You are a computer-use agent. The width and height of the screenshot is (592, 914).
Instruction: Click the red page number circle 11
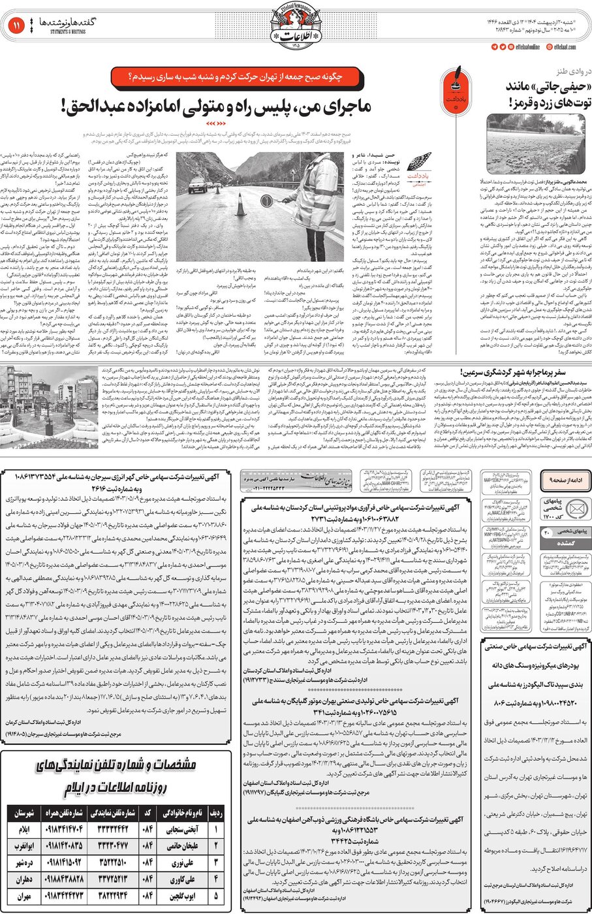16,25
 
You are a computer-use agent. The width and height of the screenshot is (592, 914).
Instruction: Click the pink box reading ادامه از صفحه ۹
562,480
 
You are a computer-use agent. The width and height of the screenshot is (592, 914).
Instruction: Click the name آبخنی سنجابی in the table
185,830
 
